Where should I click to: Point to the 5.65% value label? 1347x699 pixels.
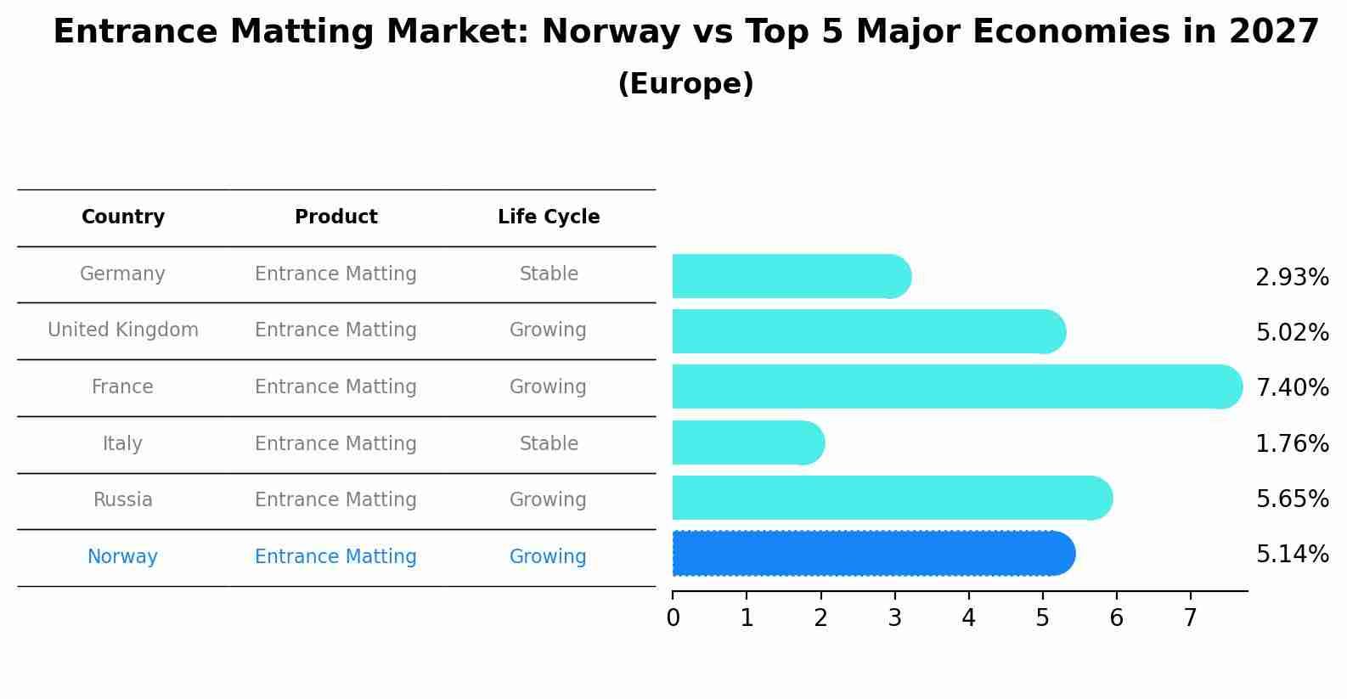pyautogui.click(x=1292, y=499)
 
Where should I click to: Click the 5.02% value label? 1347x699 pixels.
pyautogui.click(x=1292, y=333)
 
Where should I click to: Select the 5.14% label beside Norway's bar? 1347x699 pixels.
pyautogui.click(x=1292, y=555)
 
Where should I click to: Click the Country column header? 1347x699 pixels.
pyautogui.click(x=123, y=217)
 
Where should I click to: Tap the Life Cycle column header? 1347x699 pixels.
pyautogui.click(x=549, y=217)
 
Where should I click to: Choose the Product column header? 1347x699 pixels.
pyautogui.click(x=336, y=217)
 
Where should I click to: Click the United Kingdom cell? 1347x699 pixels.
pyautogui.click(x=123, y=330)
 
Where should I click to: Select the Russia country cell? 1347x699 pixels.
pyautogui.click(x=123, y=500)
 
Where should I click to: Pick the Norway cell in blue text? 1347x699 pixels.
pyautogui.click(x=123, y=557)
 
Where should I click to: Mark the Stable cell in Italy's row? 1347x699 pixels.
pyautogui.click(x=549, y=444)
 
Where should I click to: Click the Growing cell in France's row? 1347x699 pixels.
pyautogui.click(x=548, y=387)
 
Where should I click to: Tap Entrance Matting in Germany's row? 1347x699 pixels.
pyautogui.click(x=335, y=274)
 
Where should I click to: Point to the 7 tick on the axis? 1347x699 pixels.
pyautogui.click(x=1190, y=618)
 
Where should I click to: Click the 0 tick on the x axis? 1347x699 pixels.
pyautogui.click(x=673, y=618)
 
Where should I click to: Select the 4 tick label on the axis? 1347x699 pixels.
pyautogui.click(x=968, y=618)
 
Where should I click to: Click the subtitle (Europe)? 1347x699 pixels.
pyautogui.click(x=685, y=84)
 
